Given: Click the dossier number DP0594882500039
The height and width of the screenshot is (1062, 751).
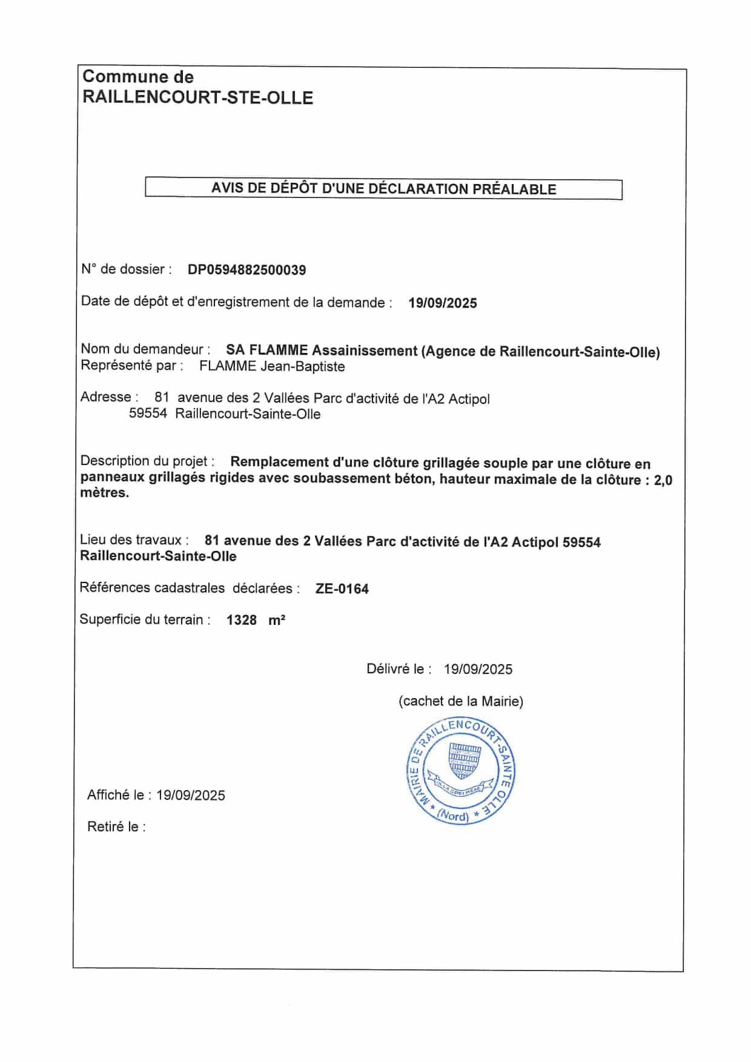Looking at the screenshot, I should pyautogui.click(x=246, y=270).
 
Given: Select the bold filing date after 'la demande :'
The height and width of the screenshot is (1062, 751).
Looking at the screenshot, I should pyautogui.click(x=442, y=303).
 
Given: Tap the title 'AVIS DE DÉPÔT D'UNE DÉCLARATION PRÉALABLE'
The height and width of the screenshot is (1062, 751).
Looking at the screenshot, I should pyautogui.click(x=383, y=188).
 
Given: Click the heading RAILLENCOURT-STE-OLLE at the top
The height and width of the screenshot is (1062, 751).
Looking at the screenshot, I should pyautogui.click(x=197, y=97).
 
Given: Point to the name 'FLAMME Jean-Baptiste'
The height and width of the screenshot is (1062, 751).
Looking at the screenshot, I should pyautogui.click(x=272, y=366).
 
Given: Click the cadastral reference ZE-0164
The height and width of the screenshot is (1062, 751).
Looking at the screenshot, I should pyautogui.click(x=342, y=589).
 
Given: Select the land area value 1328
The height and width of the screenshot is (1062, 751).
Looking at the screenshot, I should pyautogui.click(x=242, y=620).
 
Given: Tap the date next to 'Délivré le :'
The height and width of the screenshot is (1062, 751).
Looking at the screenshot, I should pyautogui.click(x=478, y=669).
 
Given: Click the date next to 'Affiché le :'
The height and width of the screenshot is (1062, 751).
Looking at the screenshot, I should pyautogui.click(x=191, y=795).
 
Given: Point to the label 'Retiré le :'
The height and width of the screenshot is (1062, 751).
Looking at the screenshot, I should pyautogui.click(x=116, y=826).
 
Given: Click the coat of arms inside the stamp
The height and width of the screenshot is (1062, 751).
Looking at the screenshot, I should pyautogui.click(x=464, y=760).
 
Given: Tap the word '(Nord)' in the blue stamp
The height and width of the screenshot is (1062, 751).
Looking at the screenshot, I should pyautogui.click(x=453, y=815).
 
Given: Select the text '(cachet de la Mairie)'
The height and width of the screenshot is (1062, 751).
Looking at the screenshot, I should pyautogui.click(x=461, y=701).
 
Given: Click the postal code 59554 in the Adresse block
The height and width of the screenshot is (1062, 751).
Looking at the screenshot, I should pyautogui.click(x=148, y=414).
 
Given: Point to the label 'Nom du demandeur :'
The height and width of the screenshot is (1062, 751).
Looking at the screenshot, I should pyautogui.click(x=145, y=349).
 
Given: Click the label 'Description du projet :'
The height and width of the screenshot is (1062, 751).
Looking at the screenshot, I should pyautogui.click(x=147, y=461).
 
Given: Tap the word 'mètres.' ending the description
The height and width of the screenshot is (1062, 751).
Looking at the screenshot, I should pyautogui.click(x=105, y=493).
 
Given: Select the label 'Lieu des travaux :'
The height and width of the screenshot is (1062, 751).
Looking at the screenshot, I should pyautogui.click(x=134, y=540).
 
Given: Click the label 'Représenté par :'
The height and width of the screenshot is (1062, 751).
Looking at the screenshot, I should pyautogui.click(x=132, y=366).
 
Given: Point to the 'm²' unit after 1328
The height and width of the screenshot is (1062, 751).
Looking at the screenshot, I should pyautogui.click(x=277, y=620).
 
